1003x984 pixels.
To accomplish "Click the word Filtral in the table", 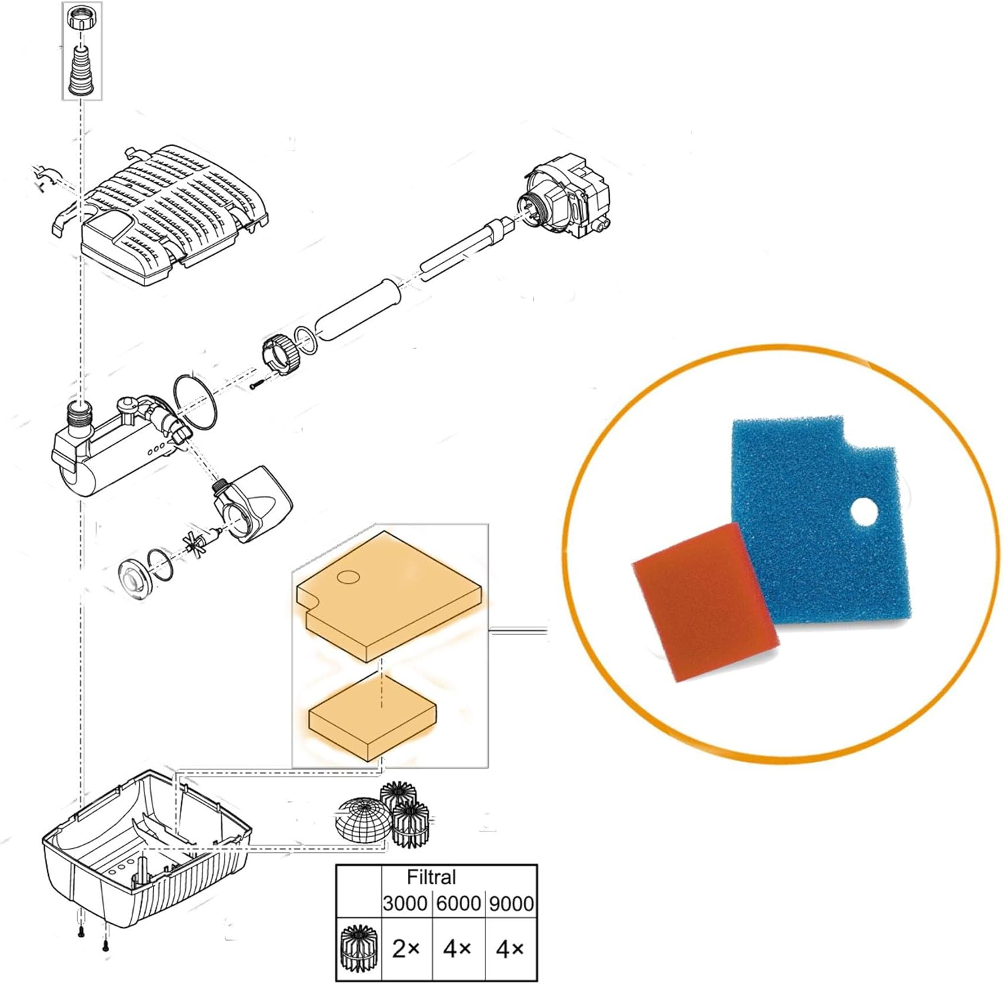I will pos(431,877).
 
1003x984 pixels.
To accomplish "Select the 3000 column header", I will pos(405,903).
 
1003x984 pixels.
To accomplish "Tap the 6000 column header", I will pos(458,903).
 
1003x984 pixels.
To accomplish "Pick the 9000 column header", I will pos(512,903).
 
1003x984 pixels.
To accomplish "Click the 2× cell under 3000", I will pos(406,949).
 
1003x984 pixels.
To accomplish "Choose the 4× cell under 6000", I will pos(457,949).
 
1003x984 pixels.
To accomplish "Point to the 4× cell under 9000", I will pos(510,949).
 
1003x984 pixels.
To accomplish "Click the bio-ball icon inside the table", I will pos(358,949).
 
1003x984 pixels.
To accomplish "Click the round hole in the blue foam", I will pos(864,514).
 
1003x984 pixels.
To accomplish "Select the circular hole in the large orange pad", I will pos(348,577).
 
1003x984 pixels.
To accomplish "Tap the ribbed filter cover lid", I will pos(175,211).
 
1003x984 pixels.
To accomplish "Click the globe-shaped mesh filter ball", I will pos(359,818).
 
